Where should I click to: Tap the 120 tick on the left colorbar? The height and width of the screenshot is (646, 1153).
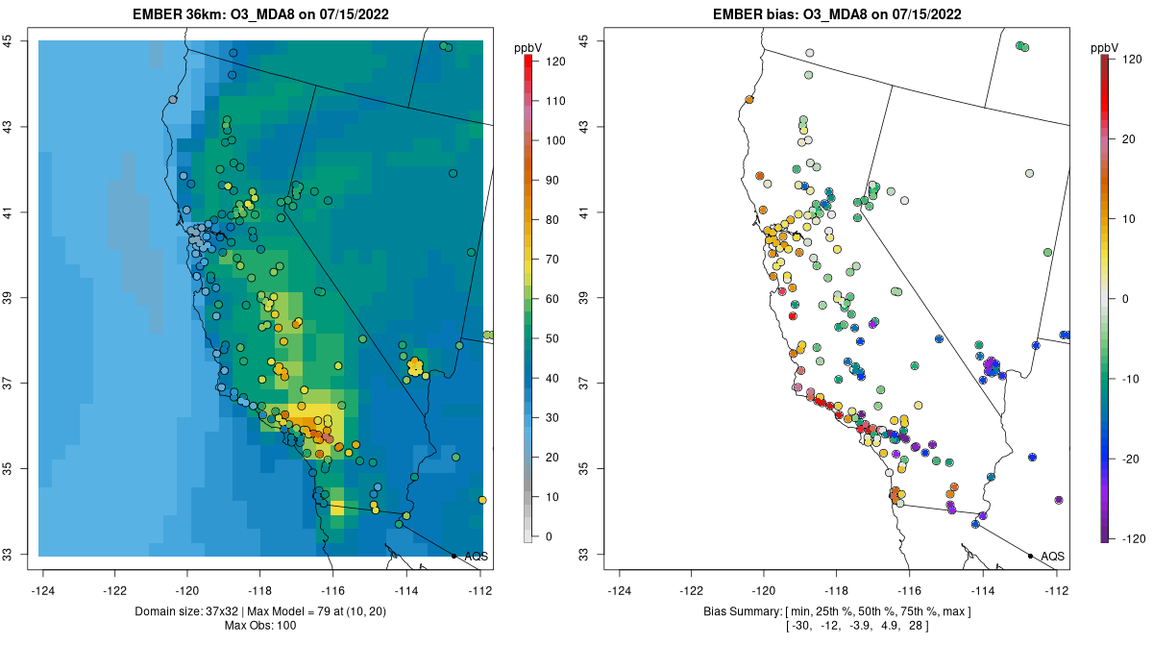[555, 61]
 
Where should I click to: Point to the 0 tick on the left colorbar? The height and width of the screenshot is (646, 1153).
[549, 536]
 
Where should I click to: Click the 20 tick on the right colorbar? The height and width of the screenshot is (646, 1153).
[1126, 139]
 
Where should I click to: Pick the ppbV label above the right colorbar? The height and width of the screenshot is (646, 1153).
[1106, 46]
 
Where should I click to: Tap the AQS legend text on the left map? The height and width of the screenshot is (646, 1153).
[477, 557]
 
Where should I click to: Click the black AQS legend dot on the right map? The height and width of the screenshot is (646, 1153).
[1030, 556]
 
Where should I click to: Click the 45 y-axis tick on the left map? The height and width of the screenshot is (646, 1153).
[7, 41]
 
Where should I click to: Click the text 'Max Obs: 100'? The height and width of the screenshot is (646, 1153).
[260, 626]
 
